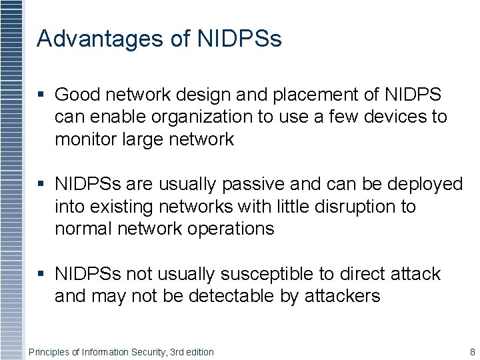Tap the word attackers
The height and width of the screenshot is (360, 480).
coord(342,296)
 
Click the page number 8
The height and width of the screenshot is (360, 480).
coord(472,352)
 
